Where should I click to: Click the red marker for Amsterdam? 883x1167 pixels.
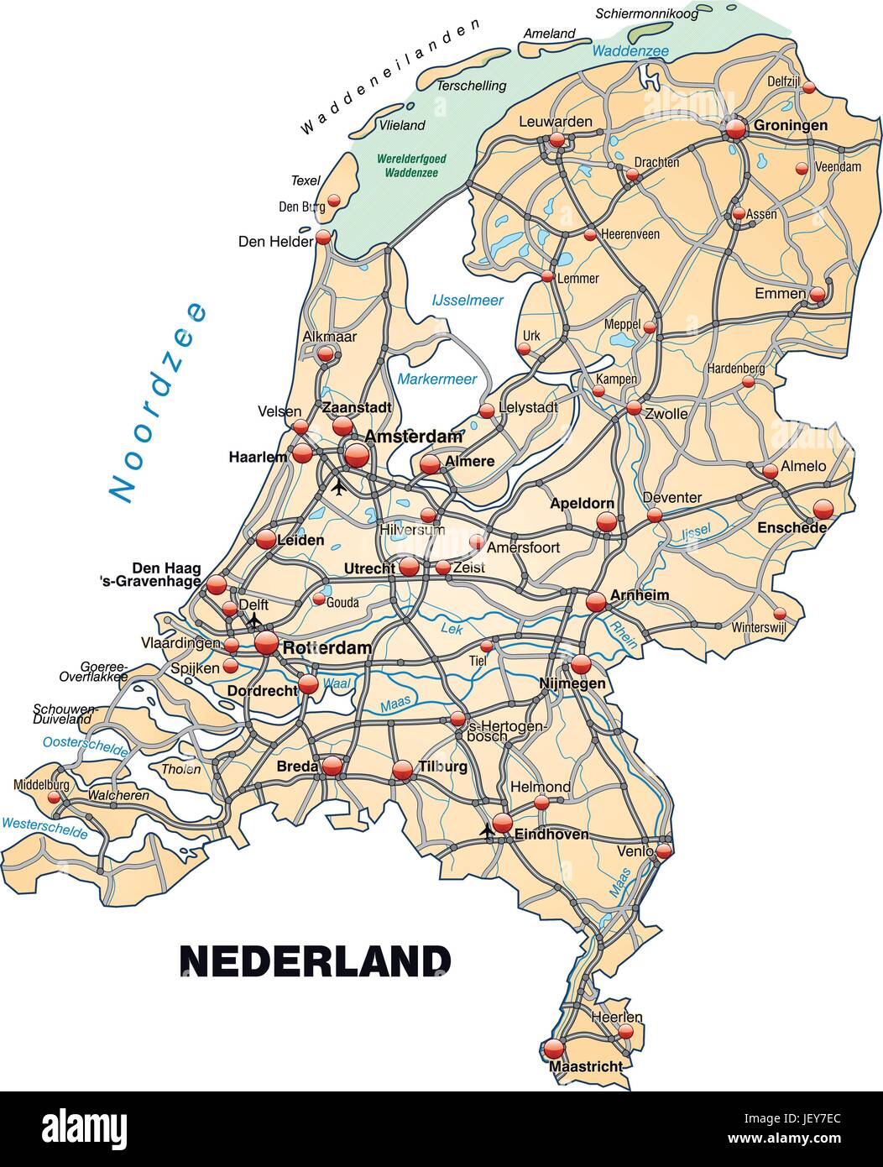pos(357,456)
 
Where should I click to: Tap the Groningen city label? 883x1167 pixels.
pos(791,126)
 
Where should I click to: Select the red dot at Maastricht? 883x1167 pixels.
pos(554,1049)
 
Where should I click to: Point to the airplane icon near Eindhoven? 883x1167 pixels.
pos(486,831)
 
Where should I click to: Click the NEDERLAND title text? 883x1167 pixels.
pos(316,961)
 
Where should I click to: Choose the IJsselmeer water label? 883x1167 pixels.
pos(468,300)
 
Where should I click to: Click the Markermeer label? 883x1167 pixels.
pos(437,379)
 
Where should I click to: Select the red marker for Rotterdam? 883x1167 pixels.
pos(266,643)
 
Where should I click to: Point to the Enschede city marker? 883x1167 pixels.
pos(823,509)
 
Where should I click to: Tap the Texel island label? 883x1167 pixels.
pos(306,181)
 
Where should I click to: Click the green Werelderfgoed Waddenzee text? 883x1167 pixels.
pos(411,165)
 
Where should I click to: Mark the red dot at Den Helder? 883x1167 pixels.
pos(323,238)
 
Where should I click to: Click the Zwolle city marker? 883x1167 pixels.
pos(634,409)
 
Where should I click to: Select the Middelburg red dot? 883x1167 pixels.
pos(54,798)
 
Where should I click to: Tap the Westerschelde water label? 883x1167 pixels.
pos(44,829)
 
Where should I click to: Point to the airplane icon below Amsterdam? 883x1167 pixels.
pos(339,486)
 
